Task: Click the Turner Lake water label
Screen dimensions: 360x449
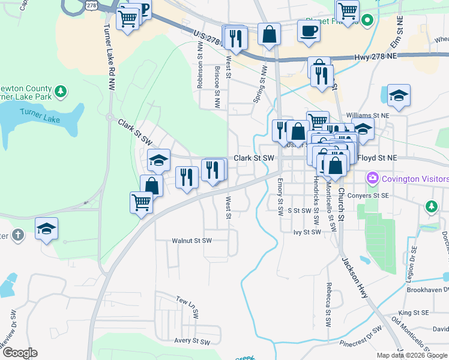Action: click(40, 116)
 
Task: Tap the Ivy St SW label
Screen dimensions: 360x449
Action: click(307, 232)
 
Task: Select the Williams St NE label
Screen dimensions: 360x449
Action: click(368, 115)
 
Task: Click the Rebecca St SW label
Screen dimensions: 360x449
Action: click(328, 304)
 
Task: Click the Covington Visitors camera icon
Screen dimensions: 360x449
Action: click(373, 178)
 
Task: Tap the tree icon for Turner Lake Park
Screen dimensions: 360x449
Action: click(59, 92)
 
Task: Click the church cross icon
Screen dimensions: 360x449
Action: click(17, 235)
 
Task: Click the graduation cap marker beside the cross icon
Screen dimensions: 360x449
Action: click(46, 229)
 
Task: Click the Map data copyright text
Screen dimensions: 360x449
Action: click(412, 355)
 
